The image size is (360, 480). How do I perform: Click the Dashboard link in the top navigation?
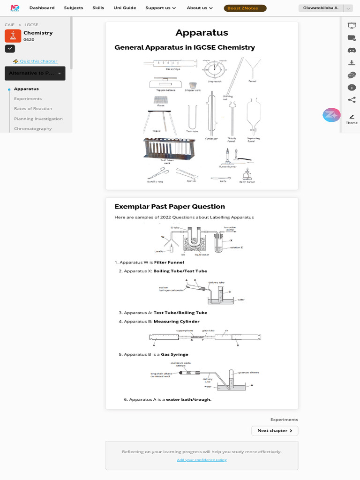(x=42, y=8)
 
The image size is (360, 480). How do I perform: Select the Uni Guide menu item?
(x=124, y=8)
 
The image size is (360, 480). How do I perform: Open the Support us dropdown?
(x=160, y=8)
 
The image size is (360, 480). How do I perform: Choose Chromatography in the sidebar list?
(x=33, y=128)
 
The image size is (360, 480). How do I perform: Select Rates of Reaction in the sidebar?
(x=33, y=109)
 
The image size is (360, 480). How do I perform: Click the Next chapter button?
(x=275, y=431)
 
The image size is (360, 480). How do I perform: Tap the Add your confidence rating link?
(x=202, y=460)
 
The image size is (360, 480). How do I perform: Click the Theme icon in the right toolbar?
(x=352, y=117)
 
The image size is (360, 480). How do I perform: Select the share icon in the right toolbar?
(x=352, y=99)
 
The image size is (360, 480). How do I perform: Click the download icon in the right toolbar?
(x=352, y=62)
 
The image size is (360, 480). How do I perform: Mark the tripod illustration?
(x=160, y=120)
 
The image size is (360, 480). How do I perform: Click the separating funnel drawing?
(x=254, y=117)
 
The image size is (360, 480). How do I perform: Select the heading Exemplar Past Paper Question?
(x=170, y=207)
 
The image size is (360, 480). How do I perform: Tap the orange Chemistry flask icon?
(x=13, y=36)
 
